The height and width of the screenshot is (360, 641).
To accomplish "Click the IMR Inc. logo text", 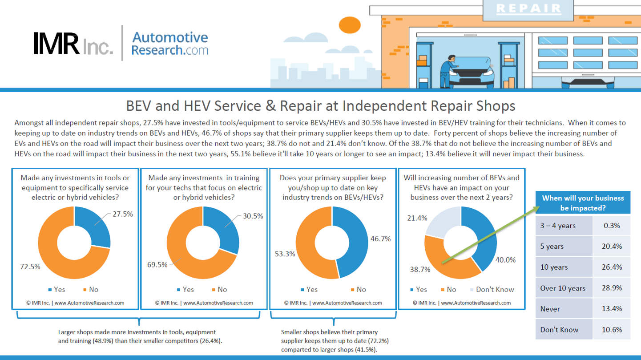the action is pyautogui.click(x=73, y=44).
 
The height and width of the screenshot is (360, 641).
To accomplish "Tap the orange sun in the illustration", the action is pyautogui.click(x=350, y=25).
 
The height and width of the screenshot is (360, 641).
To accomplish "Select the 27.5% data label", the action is pyautogui.click(x=122, y=214).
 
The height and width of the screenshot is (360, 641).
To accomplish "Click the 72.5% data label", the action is pyautogui.click(x=30, y=267).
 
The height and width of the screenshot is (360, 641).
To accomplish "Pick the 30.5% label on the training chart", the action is pyautogui.click(x=253, y=216).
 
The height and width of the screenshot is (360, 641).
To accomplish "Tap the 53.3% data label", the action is pyautogui.click(x=285, y=254).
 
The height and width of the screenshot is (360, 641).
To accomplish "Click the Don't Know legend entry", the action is pyautogui.click(x=492, y=289).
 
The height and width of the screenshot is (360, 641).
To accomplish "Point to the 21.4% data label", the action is pyautogui.click(x=417, y=218).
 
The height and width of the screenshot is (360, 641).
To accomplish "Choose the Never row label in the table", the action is pyautogui.click(x=550, y=309).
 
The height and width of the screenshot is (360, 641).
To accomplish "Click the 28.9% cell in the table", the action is pyautogui.click(x=612, y=287).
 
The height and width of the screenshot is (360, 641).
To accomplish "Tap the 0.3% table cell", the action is pyautogui.click(x=612, y=226).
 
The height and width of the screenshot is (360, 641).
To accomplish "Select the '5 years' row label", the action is pyautogui.click(x=552, y=247).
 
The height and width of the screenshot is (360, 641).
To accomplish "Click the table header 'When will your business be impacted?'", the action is pyautogui.click(x=583, y=202).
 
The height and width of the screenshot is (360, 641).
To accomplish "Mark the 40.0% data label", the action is pyautogui.click(x=505, y=260).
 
